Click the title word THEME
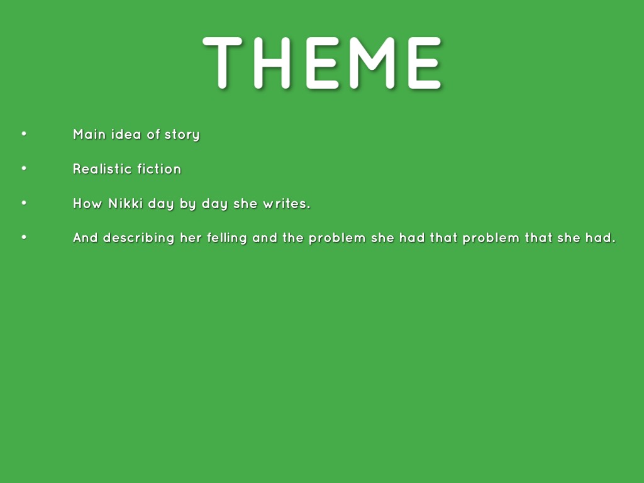[x=322, y=63]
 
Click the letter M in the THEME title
[x=372, y=63]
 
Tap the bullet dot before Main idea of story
[x=24, y=133]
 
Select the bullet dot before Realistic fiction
[x=24, y=168]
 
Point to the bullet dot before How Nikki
[x=24, y=203]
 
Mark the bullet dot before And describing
[x=24, y=237]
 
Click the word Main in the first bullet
[x=89, y=135]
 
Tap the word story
[x=182, y=135]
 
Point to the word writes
[x=287, y=203]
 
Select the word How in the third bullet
[x=87, y=203]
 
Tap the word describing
[x=139, y=238]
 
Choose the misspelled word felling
[x=226, y=238]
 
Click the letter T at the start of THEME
[x=222, y=63]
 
